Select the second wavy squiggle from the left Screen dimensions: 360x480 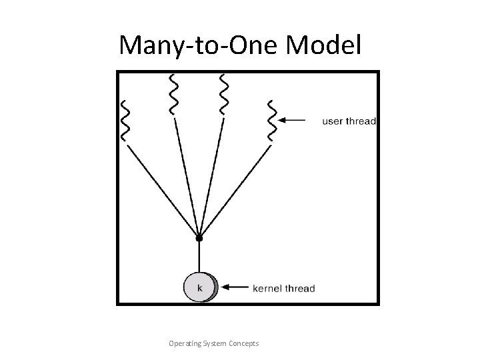click(173, 94)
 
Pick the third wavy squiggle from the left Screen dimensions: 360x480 click(223, 94)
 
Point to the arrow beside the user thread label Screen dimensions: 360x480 click(293, 121)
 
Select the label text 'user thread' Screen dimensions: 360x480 click(349, 121)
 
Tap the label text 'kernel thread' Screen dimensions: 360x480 click(284, 289)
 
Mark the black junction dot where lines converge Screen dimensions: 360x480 click(199, 237)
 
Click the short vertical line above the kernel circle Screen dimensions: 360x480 click(199, 257)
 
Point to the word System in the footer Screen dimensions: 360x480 click(214, 343)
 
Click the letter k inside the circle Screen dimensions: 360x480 click(199, 287)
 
